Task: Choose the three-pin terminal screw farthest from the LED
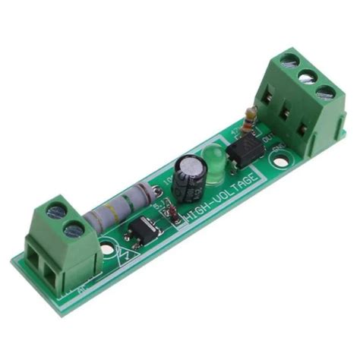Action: tap(326, 93)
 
